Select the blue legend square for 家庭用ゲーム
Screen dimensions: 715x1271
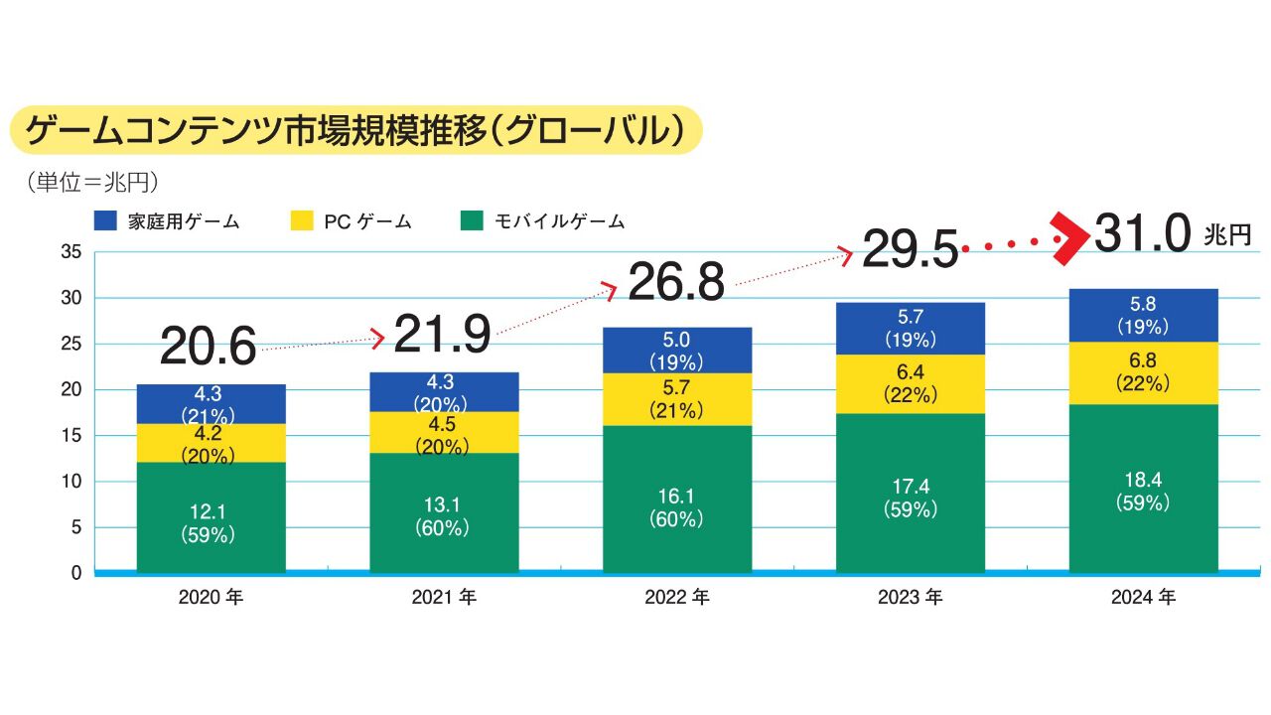pyautogui.click(x=106, y=220)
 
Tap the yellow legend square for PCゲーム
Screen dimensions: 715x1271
pyautogui.click(x=300, y=220)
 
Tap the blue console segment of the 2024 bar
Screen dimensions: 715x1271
pyautogui.click(x=1143, y=315)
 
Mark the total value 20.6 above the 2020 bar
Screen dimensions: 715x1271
pyautogui.click(x=208, y=346)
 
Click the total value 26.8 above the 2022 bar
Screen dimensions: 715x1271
pyautogui.click(x=676, y=283)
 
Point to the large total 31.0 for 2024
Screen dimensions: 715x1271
pyautogui.click(x=1142, y=235)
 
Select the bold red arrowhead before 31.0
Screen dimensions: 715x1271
pyautogui.click(x=1071, y=238)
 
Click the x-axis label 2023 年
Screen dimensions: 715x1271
pyautogui.click(x=910, y=598)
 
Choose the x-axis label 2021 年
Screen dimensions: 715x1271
pyautogui.click(x=444, y=598)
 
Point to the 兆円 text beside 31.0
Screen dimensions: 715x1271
pyautogui.click(x=1226, y=235)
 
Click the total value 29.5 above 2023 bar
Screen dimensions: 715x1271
pyautogui.click(x=910, y=249)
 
